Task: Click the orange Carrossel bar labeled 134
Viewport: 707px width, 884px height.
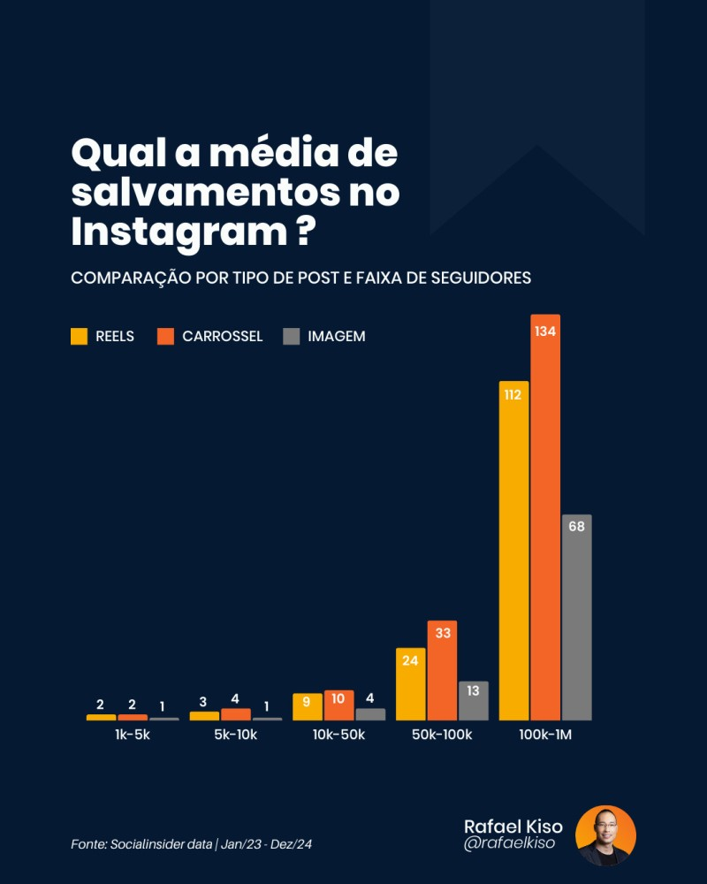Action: (x=545, y=517)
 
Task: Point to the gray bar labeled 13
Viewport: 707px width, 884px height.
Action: (x=473, y=700)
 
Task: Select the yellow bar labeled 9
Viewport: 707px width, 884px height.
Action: (x=307, y=706)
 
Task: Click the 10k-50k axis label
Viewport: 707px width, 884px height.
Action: (x=338, y=735)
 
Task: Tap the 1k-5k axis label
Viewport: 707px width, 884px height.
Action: (x=133, y=735)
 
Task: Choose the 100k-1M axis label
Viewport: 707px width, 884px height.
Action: (x=545, y=735)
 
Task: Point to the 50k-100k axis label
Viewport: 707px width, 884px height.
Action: (x=442, y=735)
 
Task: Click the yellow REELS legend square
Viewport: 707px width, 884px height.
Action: (x=80, y=336)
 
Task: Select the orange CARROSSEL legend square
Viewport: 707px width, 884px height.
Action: (x=165, y=336)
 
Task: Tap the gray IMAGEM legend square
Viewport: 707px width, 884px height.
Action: (x=292, y=336)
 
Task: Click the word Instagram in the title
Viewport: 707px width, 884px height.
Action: (x=177, y=232)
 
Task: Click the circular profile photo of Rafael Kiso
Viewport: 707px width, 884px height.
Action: (x=605, y=835)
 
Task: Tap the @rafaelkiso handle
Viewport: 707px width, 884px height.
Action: (x=510, y=844)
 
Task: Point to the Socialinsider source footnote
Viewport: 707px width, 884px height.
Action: (x=191, y=845)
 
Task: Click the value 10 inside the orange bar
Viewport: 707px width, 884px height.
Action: (x=338, y=699)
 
